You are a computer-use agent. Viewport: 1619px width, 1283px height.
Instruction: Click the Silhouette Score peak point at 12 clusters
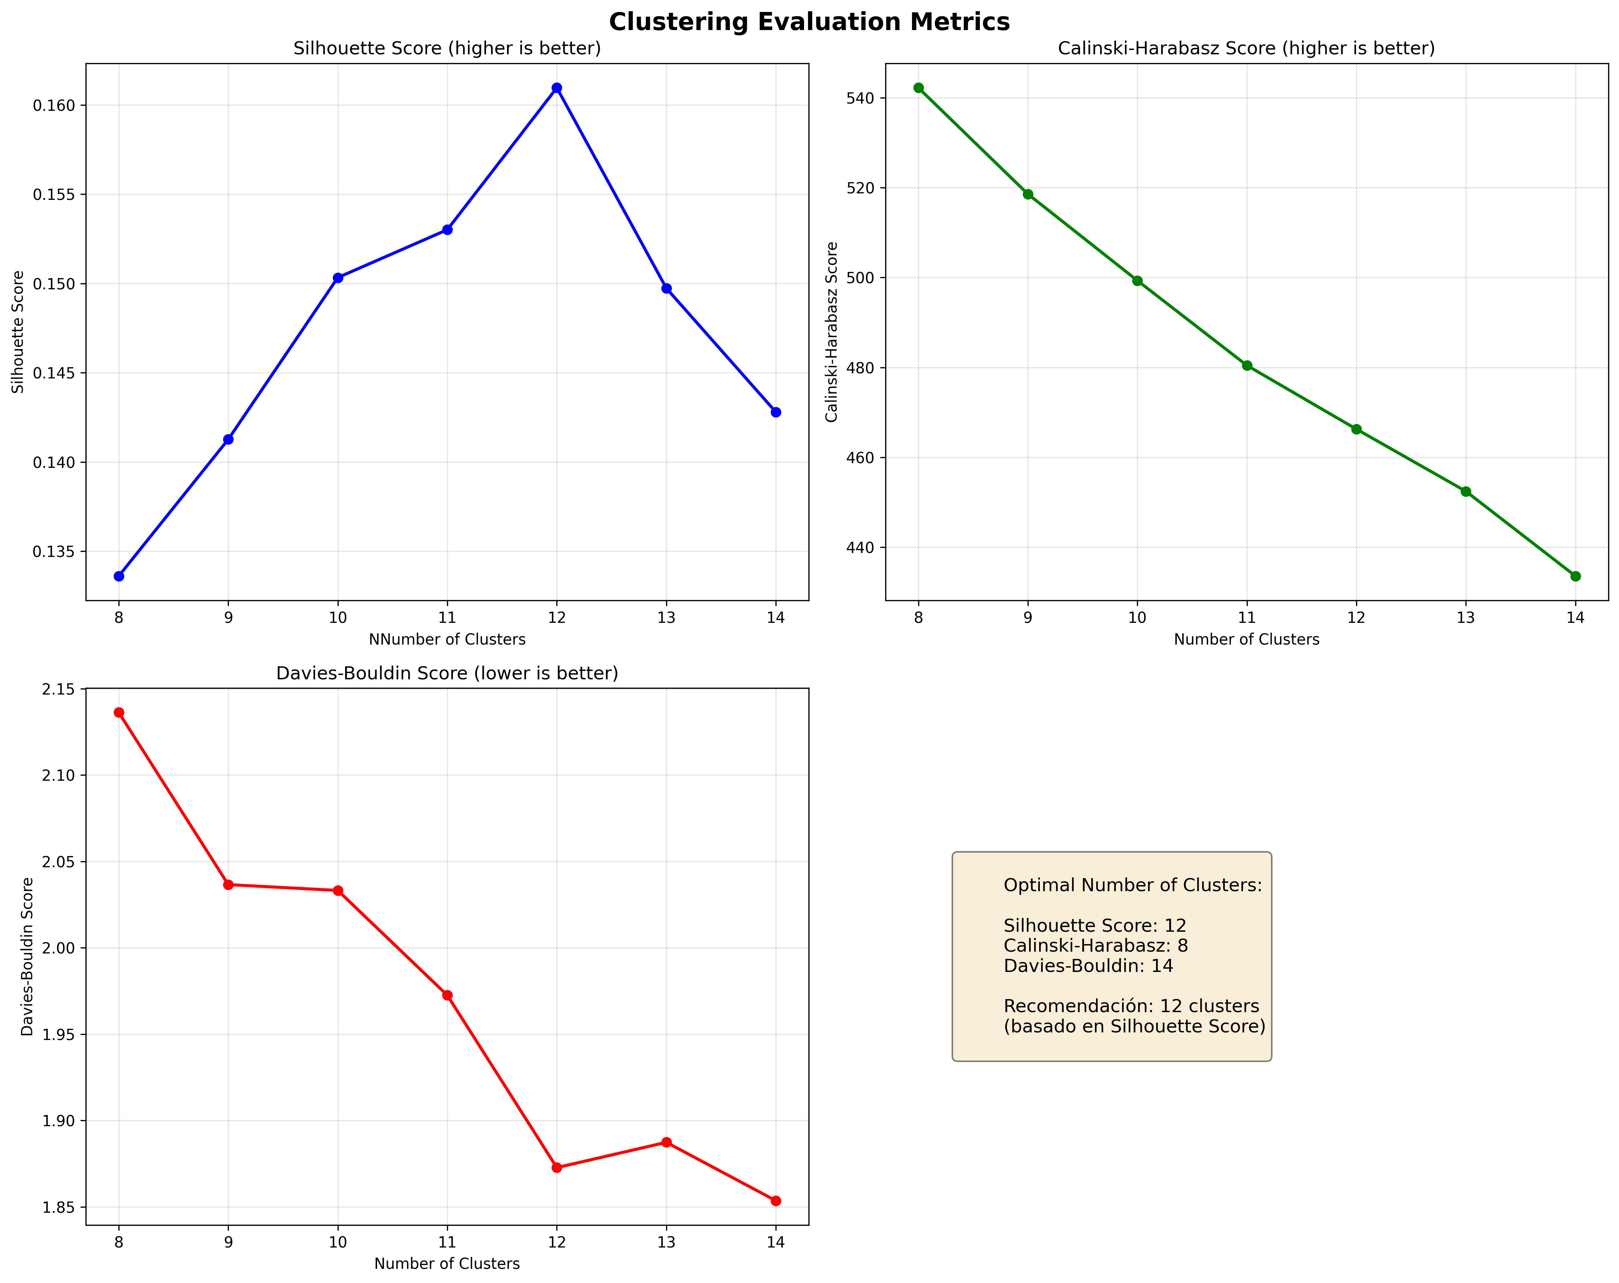pos(556,88)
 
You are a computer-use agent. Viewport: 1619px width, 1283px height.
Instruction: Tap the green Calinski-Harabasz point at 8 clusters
pos(919,88)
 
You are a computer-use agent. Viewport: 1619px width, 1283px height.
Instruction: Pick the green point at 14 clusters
pos(1576,576)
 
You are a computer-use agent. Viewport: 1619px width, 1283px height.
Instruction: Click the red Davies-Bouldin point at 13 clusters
pos(666,1142)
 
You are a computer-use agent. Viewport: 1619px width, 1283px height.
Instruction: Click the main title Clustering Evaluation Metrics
pos(809,22)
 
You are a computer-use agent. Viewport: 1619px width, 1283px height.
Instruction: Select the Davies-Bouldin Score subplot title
pos(447,673)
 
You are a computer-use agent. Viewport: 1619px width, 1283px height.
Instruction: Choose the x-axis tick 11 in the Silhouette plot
pos(447,617)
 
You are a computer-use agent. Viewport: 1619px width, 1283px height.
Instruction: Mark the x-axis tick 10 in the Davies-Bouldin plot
pos(338,1242)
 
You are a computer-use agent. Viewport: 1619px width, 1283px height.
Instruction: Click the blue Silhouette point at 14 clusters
pos(776,412)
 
